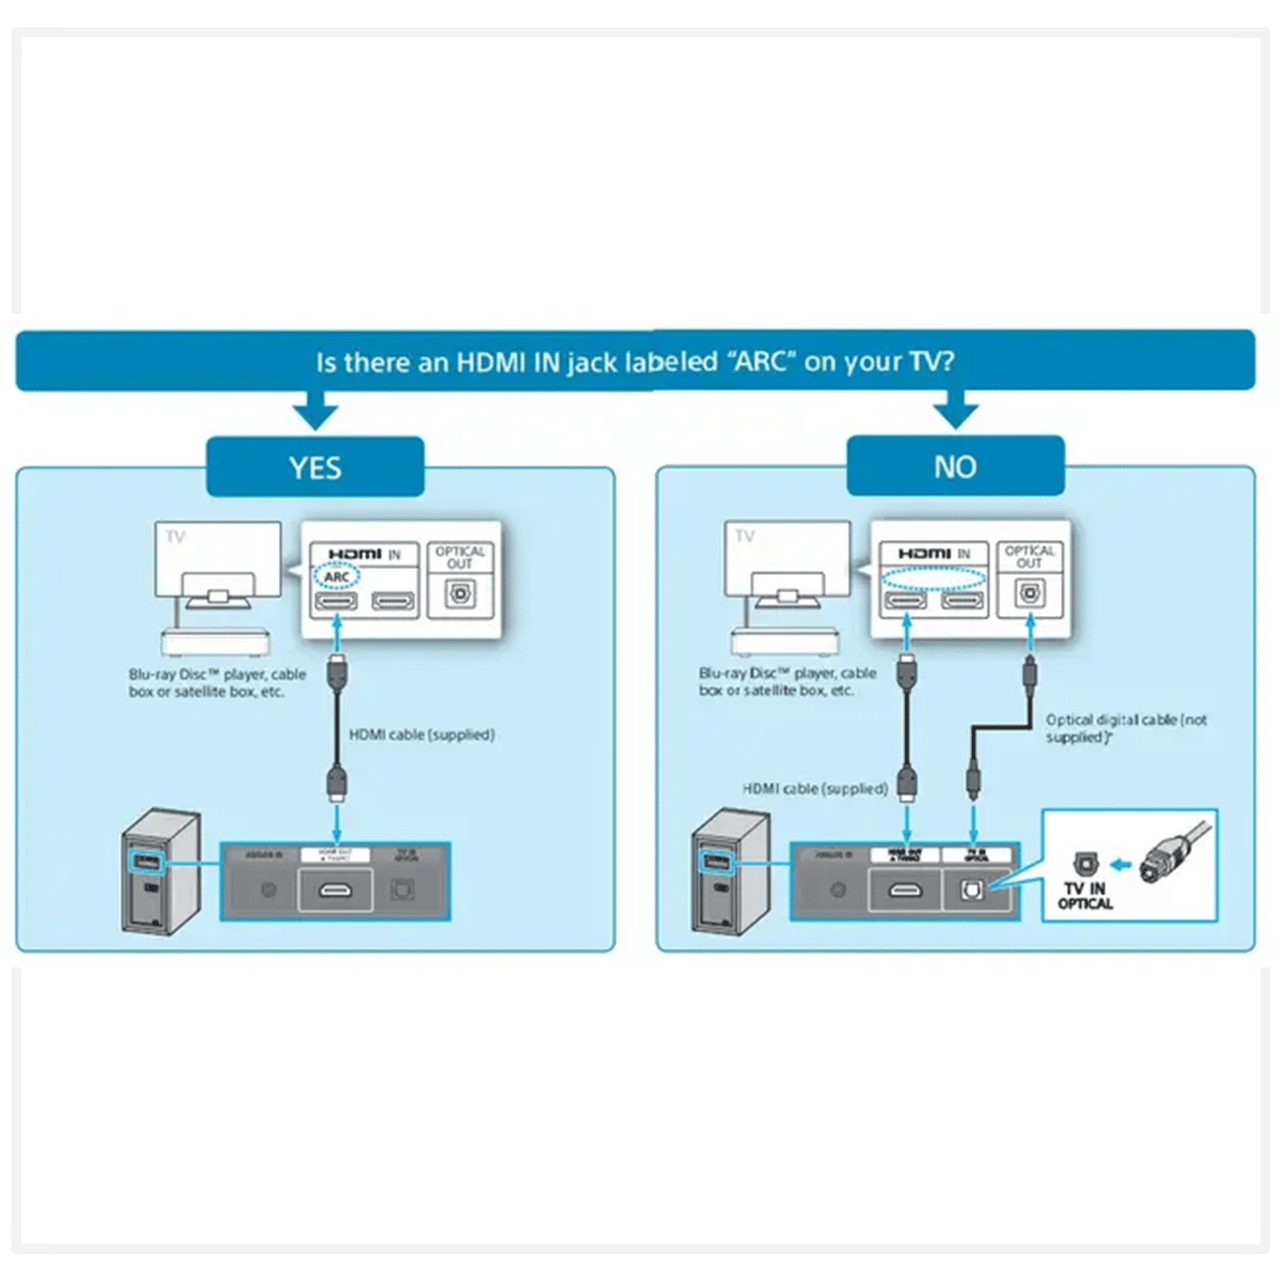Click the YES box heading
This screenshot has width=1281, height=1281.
(315, 467)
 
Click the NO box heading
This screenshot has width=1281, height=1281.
(955, 466)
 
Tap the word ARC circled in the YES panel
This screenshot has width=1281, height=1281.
(336, 576)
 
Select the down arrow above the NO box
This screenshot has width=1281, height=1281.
(955, 411)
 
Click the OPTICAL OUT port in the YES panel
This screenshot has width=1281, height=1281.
(459, 594)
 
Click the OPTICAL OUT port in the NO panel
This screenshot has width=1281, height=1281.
(1029, 593)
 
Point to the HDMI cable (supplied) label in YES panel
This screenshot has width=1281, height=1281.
(422, 735)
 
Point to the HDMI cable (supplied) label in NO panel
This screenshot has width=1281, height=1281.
(815, 789)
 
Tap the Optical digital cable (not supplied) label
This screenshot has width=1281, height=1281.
(1126, 729)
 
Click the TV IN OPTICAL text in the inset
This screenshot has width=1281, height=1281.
(1085, 896)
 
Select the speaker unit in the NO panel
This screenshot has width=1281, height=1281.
(731, 871)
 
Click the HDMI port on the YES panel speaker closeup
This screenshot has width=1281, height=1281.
(336, 891)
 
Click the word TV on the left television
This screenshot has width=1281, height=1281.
(175, 537)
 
